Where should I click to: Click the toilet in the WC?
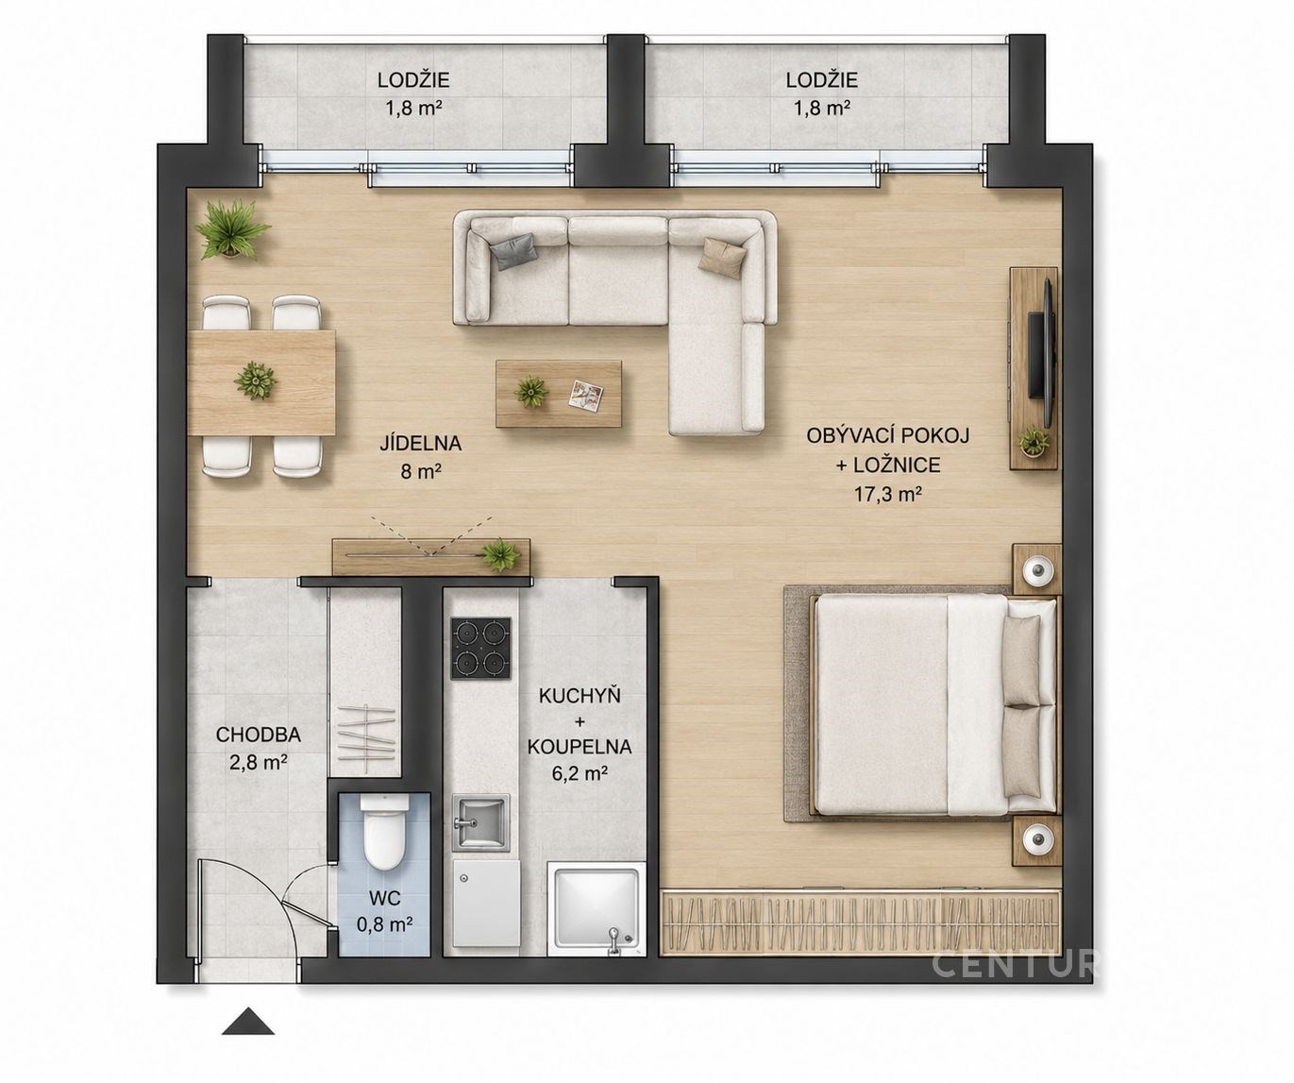click(384, 833)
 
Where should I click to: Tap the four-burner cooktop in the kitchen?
click(481, 648)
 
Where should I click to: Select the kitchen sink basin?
click(480, 821)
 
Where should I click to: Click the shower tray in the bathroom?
click(596, 912)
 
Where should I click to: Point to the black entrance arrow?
click(248, 1021)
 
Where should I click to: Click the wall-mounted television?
click(1043, 355)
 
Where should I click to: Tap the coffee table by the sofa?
click(559, 394)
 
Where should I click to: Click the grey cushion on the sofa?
click(513, 251)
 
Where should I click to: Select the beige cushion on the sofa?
click(722, 256)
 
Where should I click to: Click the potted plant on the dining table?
click(256, 380)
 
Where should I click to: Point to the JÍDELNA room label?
click(421, 444)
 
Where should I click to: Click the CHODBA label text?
click(259, 735)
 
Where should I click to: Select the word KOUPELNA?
click(580, 747)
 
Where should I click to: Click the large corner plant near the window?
click(232, 228)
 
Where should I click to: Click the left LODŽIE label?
click(413, 80)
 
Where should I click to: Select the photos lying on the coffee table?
click(585, 394)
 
